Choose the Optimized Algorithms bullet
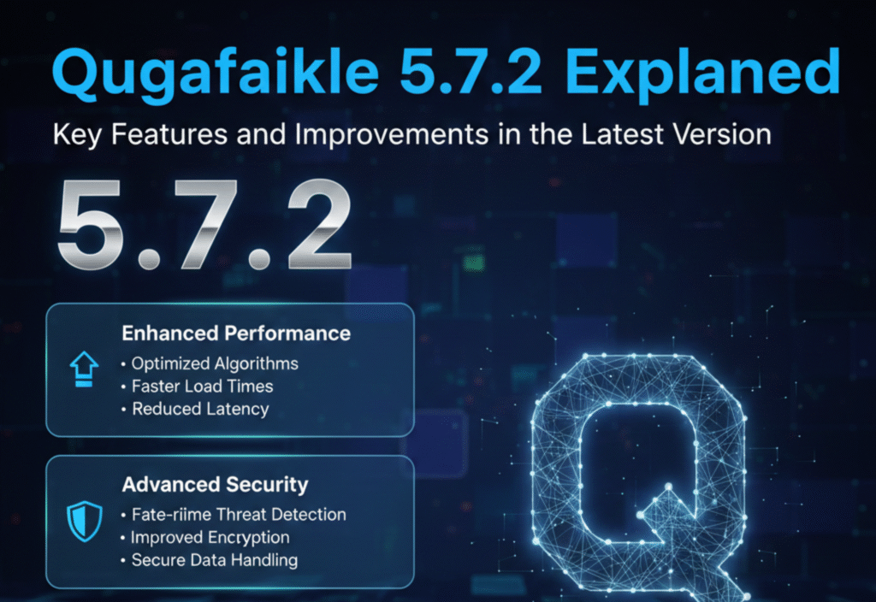pos(215,363)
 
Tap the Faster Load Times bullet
pos(202,386)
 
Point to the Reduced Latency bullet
pos(200,409)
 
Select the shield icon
pos(84,521)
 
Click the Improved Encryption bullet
pos(210,538)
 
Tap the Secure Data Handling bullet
pos(214,561)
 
